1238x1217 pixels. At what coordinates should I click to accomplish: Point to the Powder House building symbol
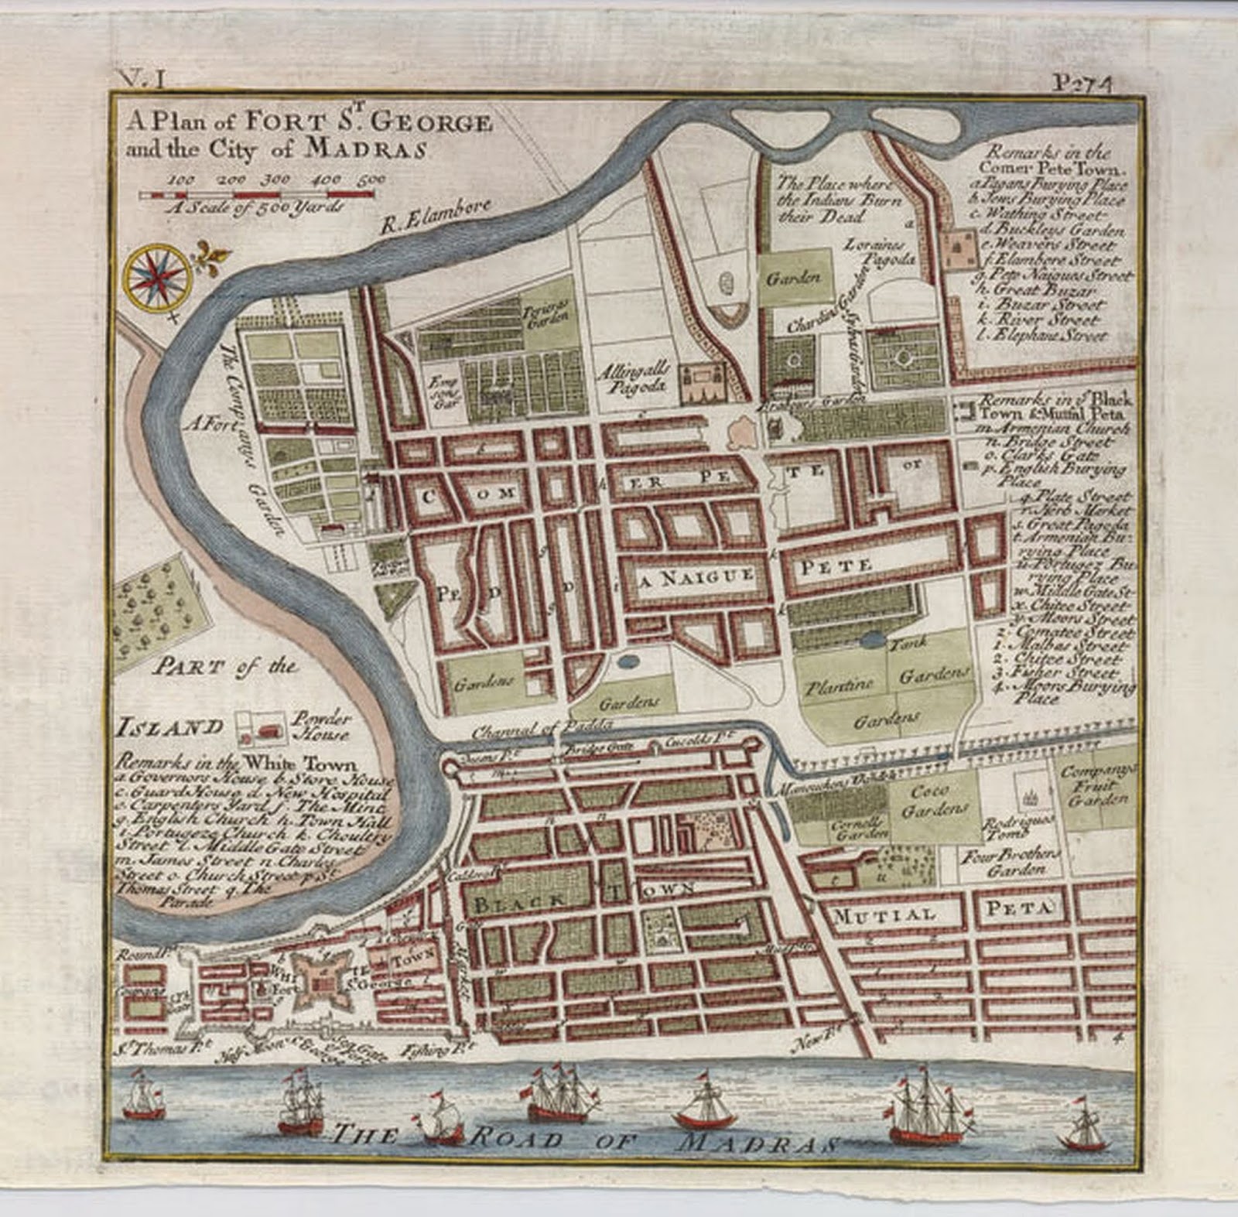(267, 729)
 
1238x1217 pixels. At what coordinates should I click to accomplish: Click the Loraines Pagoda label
(887, 251)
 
